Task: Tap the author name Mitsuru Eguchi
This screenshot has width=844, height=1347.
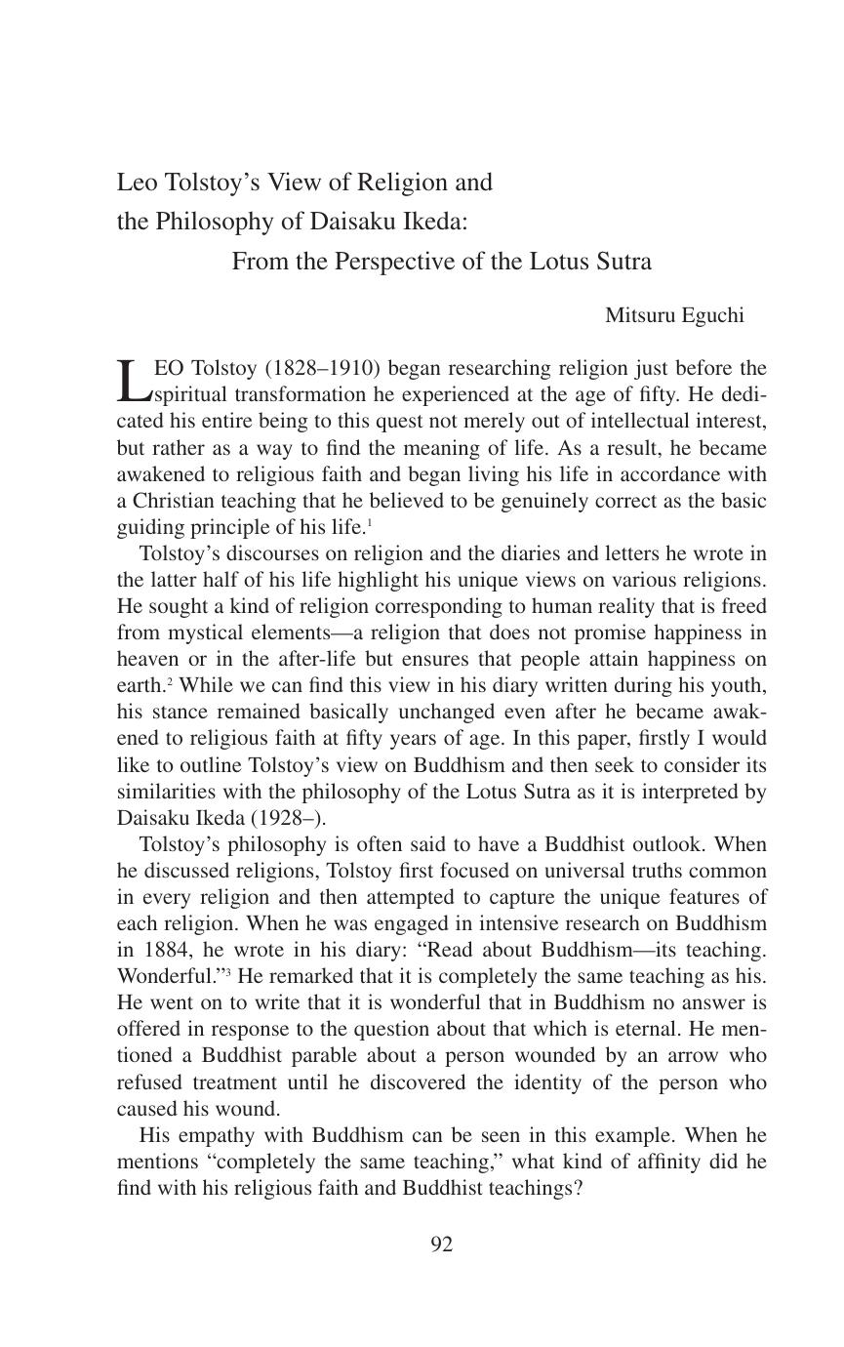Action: [x=674, y=315]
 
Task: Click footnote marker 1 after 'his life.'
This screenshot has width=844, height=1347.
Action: [x=369, y=523]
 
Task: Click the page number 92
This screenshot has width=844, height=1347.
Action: [x=441, y=1244]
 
